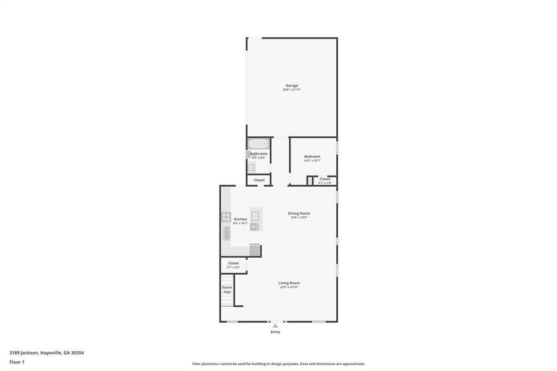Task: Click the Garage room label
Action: [292, 85]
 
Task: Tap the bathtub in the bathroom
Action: [258, 145]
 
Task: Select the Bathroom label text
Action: [258, 153]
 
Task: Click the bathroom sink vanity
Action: [252, 167]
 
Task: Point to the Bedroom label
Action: [312, 156]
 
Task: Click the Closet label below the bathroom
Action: [258, 180]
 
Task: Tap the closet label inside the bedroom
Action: [325, 179]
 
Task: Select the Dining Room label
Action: [299, 213]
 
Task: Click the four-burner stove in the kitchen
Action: [226, 217]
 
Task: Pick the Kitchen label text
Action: [240, 219]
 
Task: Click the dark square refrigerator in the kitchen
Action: [255, 249]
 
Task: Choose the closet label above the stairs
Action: [233, 263]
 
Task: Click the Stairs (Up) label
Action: [227, 289]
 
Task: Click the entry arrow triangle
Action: [275, 325]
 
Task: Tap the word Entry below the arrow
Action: [275, 332]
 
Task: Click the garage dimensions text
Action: [292, 90]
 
